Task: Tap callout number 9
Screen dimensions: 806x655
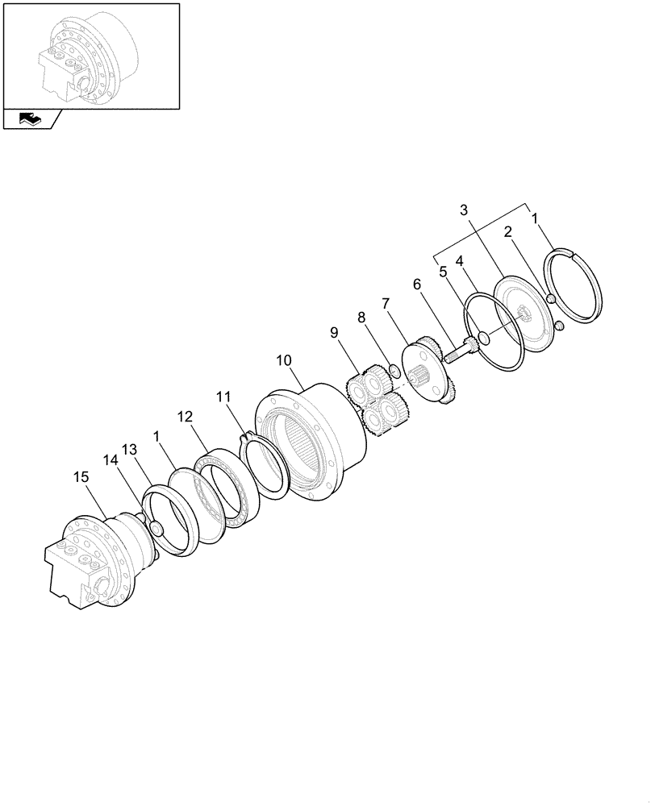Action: [x=334, y=331]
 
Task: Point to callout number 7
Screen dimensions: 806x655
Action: [x=386, y=304]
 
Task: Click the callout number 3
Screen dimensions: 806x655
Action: [x=464, y=211]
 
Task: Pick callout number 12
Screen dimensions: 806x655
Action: [x=185, y=417]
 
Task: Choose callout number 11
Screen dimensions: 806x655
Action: [x=223, y=397]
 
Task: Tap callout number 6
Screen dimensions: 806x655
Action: [x=417, y=284]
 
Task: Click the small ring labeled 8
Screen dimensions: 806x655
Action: [x=395, y=371]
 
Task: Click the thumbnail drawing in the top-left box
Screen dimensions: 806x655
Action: [x=90, y=56]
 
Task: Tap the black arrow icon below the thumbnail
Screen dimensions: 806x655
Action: [x=28, y=119]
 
